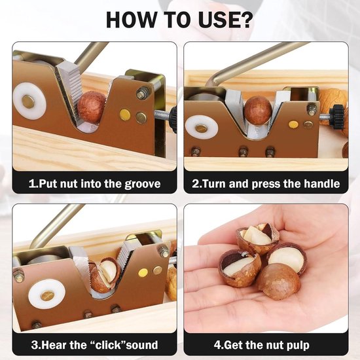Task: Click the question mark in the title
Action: point(245,20)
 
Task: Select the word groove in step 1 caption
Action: point(142,185)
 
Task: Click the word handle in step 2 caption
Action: point(322,184)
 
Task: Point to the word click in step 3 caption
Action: point(108,345)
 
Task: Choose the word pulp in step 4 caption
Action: point(298,346)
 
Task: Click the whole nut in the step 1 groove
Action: point(92,107)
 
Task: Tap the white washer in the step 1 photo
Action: point(29,101)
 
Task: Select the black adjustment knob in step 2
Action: point(337,116)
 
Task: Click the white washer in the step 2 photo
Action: point(202,128)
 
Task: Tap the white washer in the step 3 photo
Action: point(47,295)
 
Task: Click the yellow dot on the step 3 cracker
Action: point(143,272)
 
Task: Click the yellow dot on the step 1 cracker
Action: point(125,115)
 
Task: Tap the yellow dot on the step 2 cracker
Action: point(293,124)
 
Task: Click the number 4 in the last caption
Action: point(217,345)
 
